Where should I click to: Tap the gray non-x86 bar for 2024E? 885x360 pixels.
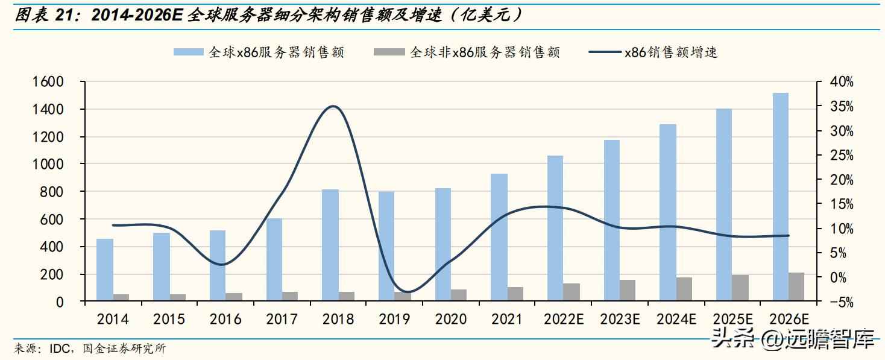(684, 289)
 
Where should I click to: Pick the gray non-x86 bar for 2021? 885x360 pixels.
(515, 294)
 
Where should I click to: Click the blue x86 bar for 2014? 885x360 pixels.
(105, 270)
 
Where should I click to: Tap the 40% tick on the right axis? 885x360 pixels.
(840, 82)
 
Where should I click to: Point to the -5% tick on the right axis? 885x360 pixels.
(840, 302)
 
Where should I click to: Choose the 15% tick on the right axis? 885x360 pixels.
(840, 204)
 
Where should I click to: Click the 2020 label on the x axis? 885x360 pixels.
(450, 318)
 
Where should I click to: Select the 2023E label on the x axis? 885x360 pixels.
(620, 318)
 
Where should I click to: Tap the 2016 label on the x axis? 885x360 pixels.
(225, 318)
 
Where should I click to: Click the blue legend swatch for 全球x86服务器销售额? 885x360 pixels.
(189, 52)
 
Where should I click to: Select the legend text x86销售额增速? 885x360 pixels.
(670, 52)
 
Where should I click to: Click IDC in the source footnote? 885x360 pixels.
(57, 349)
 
